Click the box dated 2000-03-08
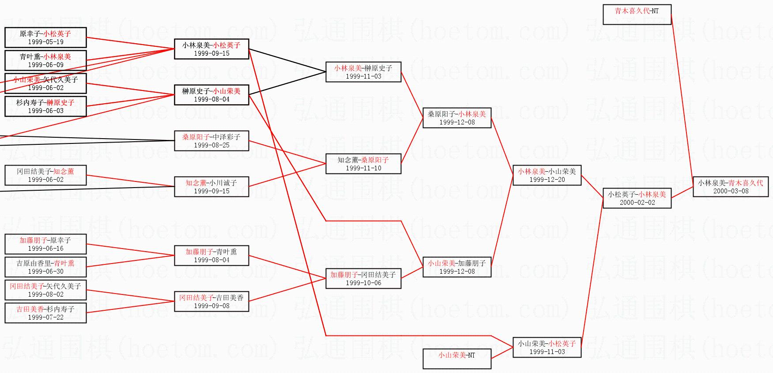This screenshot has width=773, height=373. click(730, 187)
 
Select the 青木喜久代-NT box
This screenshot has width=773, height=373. click(637, 15)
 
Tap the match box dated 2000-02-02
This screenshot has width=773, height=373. click(637, 198)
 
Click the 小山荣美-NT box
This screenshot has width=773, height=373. click(456, 359)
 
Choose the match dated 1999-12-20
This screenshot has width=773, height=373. click(547, 175)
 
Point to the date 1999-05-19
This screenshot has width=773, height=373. click(45, 42)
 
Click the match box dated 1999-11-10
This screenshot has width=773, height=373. click(363, 164)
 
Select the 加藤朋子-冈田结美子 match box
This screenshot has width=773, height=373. click(363, 279)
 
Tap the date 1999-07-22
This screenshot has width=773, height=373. click(45, 317)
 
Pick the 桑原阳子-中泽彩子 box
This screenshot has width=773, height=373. click(211, 141)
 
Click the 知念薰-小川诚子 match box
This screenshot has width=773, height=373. click(211, 187)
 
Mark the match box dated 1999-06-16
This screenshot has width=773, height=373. click(45, 244)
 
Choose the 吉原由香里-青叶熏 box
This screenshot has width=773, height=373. click(45, 267)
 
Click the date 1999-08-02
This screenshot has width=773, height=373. click(45, 294)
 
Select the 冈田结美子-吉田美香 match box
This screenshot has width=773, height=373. click(211, 301)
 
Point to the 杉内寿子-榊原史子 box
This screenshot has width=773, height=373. click(45, 106)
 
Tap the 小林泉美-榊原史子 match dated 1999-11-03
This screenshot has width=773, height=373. click(363, 72)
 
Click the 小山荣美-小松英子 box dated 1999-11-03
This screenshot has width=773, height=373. click(547, 347)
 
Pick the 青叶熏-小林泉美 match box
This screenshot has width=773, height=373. click(45, 60)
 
